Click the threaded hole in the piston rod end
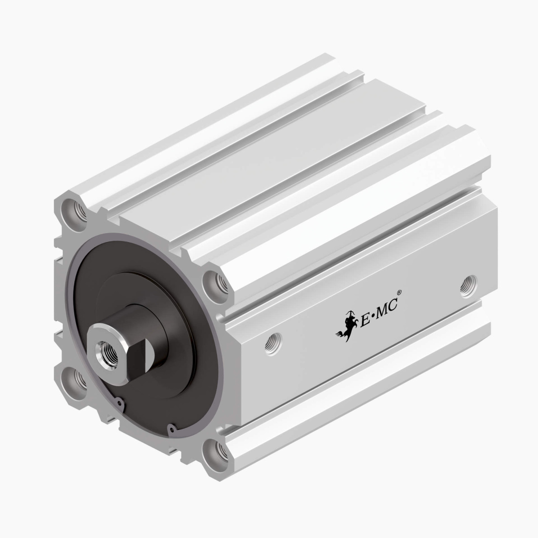106,347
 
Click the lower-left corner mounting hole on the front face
78,380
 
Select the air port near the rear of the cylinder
468,286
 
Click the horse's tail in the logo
340,335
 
